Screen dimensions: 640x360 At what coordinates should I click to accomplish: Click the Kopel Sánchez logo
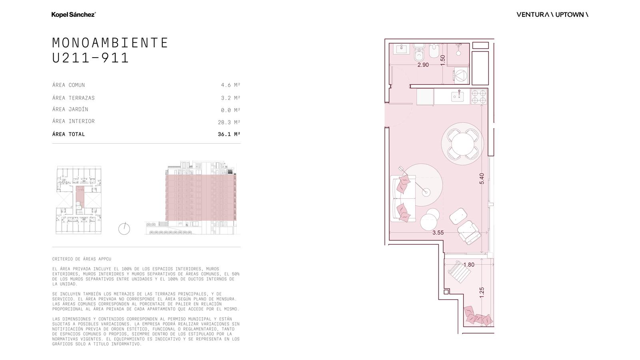(x=74, y=14)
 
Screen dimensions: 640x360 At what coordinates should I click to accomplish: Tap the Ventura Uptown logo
(x=552, y=14)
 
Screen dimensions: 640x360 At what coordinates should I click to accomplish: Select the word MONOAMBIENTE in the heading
(x=110, y=43)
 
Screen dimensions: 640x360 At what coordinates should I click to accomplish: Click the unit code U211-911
(x=90, y=58)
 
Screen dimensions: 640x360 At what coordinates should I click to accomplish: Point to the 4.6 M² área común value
(x=230, y=85)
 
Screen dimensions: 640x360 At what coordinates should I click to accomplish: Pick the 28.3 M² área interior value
(x=229, y=122)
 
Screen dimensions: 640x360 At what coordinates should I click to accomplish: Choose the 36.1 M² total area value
(x=229, y=134)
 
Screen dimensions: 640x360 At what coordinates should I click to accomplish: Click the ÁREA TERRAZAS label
(x=74, y=98)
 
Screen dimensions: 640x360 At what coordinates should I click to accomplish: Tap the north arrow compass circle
(x=124, y=229)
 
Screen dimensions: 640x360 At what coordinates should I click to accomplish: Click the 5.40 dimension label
(x=482, y=178)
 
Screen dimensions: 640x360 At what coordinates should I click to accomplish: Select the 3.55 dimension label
(x=438, y=232)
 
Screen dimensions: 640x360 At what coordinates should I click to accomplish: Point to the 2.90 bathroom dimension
(x=423, y=65)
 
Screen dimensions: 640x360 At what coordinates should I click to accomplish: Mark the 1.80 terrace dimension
(x=468, y=264)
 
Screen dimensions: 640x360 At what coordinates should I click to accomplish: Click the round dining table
(x=462, y=144)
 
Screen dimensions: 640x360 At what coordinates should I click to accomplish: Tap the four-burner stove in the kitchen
(x=478, y=96)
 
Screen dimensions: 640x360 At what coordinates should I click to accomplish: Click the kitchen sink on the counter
(x=458, y=96)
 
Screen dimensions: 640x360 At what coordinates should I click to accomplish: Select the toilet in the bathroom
(x=419, y=52)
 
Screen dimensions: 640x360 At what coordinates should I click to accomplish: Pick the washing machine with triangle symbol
(x=460, y=76)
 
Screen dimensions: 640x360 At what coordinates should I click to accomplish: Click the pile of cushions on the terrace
(x=478, y=316)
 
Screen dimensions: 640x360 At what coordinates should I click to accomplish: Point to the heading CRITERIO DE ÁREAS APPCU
(x=82, y=259)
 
